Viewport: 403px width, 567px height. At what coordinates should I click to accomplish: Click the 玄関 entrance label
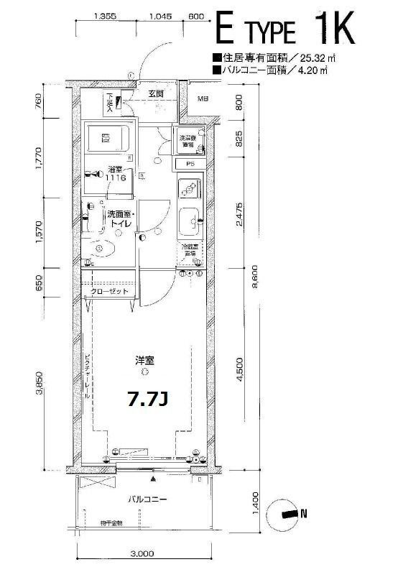(156, 93)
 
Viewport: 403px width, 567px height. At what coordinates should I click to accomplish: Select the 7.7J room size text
(147, 400)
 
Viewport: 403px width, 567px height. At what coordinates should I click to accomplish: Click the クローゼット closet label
(109, 292)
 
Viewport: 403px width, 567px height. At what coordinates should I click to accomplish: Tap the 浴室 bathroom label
(115, 170)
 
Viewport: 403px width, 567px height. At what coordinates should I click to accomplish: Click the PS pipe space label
(190, 164)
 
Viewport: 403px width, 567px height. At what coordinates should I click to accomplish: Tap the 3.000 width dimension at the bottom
(143, 554)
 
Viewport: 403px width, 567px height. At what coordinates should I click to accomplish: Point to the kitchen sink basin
(190, 221)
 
